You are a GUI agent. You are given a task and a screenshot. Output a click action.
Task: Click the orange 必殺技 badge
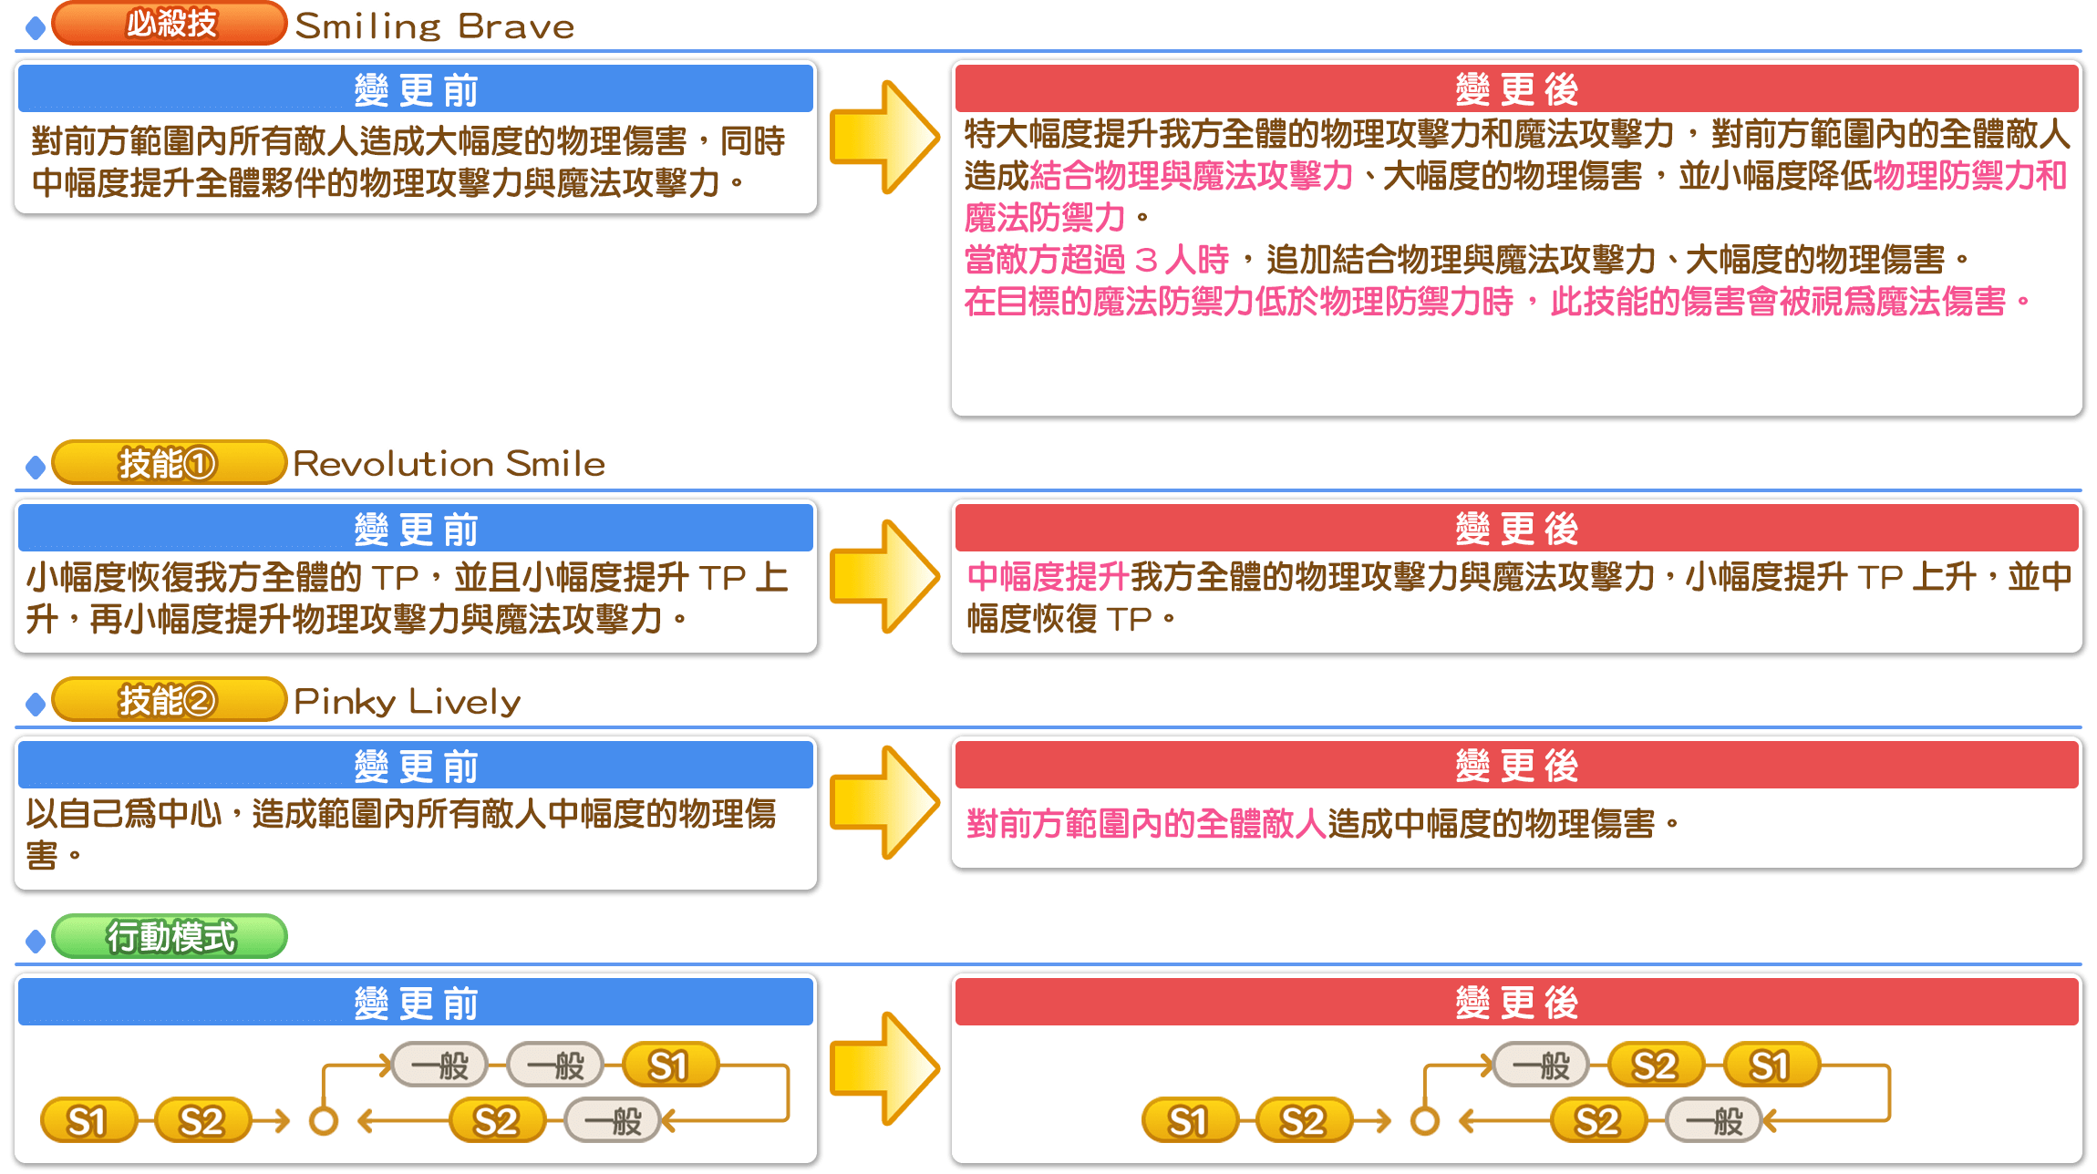170,24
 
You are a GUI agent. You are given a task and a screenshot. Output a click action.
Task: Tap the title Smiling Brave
434,26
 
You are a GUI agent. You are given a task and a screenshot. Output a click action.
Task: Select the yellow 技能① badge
170,463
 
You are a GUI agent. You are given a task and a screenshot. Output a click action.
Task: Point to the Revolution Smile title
449,464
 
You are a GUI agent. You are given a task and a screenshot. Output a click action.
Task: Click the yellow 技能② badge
170,700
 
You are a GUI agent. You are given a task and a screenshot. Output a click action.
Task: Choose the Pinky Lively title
407,701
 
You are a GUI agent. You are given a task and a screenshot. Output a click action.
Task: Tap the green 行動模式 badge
170,936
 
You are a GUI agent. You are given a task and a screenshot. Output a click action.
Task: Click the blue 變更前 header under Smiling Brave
416,89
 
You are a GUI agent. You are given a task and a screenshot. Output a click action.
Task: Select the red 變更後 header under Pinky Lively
1516,766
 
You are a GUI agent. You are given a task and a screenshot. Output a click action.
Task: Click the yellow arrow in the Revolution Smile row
883,576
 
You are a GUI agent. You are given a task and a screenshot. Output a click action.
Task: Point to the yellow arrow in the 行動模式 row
883,1068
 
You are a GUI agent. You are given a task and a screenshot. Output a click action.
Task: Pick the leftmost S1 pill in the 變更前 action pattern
88,1121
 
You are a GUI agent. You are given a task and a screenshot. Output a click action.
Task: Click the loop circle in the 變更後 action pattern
1424,1121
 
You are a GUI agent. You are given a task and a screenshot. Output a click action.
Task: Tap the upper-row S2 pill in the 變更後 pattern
1655,1066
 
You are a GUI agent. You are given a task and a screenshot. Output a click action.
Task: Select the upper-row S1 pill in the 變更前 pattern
669,1066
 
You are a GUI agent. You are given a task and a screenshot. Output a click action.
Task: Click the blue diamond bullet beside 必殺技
36,28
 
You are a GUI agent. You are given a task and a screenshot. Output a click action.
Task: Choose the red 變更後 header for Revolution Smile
1516,529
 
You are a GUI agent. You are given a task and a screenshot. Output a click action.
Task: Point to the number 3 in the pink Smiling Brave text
1147,261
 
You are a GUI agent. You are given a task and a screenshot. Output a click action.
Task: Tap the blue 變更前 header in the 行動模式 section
416,1003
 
